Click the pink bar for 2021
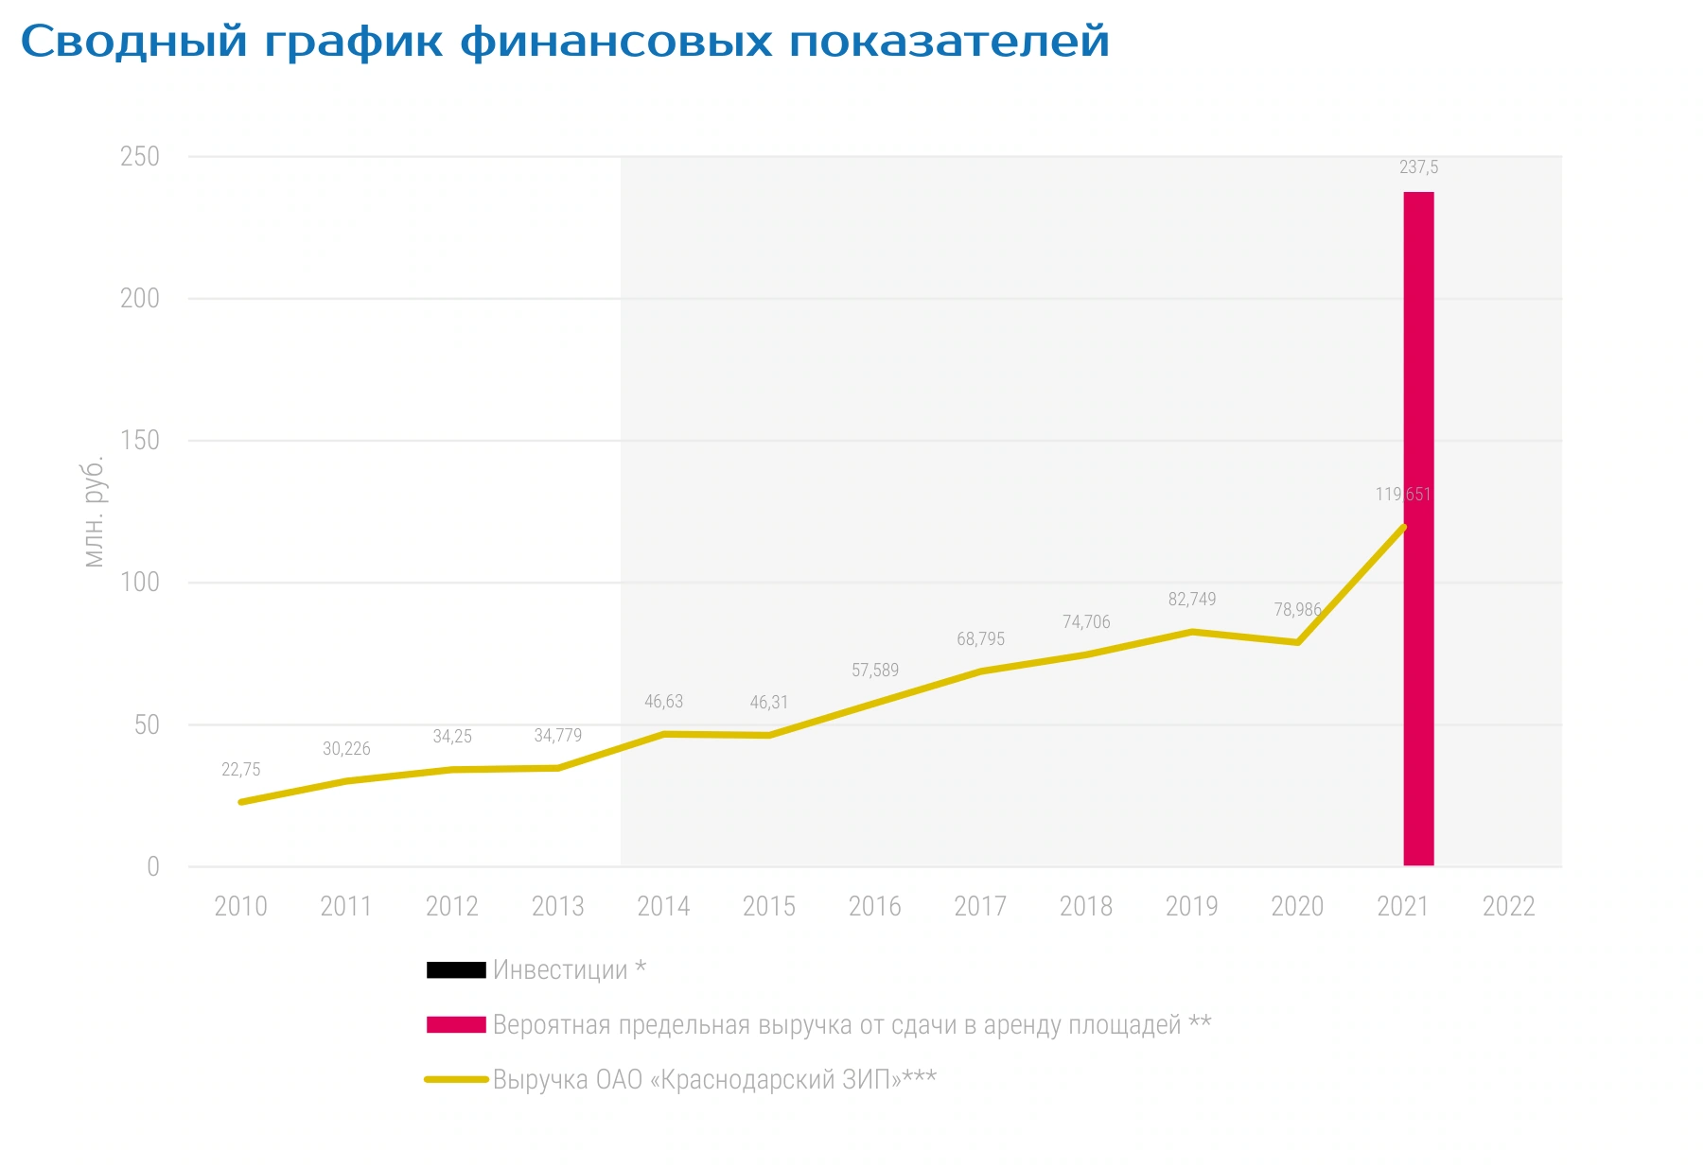coord(1418,529)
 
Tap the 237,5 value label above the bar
coord(1418,167)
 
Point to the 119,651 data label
coord(1403,495)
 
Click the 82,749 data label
coord(1192,600)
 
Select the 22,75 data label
coord(240,770)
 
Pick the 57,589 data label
coord(875,671)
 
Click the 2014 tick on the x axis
coord(663,906)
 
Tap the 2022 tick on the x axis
coord(1508,906)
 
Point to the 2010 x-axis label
coord(240,906)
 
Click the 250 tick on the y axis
coord(140,157)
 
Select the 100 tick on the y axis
coord(140,583)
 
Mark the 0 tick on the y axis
coord(153,867)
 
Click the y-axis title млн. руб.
coord(94,513)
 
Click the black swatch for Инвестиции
coord(456,970)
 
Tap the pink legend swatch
coord(456,1025)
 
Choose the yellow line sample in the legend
coord(456,1079)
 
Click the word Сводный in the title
coord(134,43)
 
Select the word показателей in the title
coord(949,43)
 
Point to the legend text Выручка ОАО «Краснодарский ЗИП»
coord(696,1080)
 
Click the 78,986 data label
coord(1297,610)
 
